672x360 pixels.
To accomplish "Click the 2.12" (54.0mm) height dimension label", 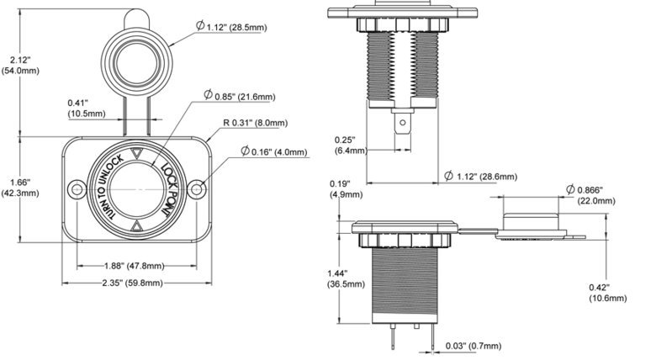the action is (x=20, y=65).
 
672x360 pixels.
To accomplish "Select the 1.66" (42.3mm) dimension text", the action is (x=20, y=188).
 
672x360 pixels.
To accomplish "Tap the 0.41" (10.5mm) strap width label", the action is (x=86, y=108).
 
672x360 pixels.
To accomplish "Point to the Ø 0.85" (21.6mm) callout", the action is (x=239, y=95).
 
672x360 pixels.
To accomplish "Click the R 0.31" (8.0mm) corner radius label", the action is (x=256, y=123).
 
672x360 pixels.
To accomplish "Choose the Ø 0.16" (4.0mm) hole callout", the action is (x=274, y=151).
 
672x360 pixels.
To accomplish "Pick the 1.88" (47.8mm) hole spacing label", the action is (x=135, y=266).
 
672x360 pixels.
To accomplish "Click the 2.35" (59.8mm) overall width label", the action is (x=132, y=283).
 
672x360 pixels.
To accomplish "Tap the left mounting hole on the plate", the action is (x=77, y=189).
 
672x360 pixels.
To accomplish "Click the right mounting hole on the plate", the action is (x=197, y=189).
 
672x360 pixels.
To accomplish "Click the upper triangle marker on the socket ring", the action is (x=136, y=153).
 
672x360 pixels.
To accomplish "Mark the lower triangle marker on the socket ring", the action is (x=136, y=226).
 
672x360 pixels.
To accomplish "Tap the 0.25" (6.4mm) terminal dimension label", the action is (x=351, y=145).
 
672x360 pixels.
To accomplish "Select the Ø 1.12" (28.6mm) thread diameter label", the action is (x=480, y=176).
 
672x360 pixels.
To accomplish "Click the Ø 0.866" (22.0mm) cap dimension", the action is (x=590, y=195).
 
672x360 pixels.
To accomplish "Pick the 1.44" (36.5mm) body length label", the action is (x=347, y=278).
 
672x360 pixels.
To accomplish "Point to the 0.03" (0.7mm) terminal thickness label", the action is (x=474, y=346).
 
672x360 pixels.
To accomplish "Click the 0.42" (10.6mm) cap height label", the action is (x=608, y=293).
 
